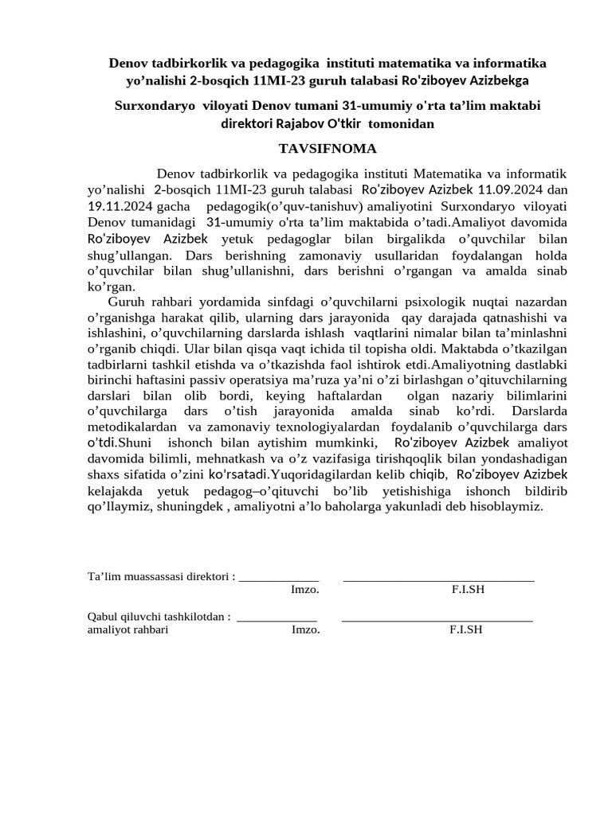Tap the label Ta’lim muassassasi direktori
point(159,575)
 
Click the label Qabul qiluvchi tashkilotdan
point(159,615)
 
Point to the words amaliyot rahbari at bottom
point(127,629)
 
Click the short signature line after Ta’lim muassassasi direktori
point(279,579)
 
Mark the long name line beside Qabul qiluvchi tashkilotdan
point(437,619)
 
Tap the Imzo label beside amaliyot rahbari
point(306,629)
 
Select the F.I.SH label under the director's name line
point(468,589)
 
